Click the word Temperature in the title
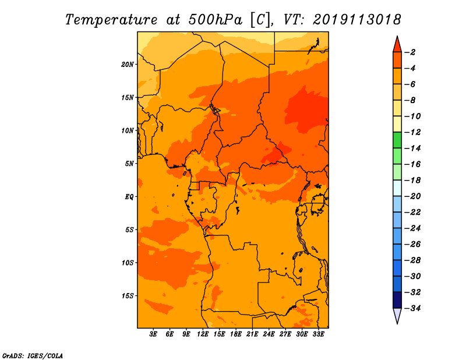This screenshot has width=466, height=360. (111, 20)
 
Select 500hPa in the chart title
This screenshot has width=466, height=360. (215, 20)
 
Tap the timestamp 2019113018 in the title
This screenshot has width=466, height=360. (357, 20)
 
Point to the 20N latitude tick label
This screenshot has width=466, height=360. (128, 65)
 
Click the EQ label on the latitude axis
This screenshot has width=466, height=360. (129, 197)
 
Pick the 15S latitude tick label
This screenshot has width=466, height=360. (128, 296)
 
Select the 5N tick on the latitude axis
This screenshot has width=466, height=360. (129, 164)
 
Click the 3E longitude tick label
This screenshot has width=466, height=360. (153, 334)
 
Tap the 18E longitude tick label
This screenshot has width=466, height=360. (235, 334)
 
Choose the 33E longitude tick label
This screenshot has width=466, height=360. (318, 334)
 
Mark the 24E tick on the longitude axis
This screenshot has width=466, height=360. (269, 334)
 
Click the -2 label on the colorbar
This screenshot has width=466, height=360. (410, 52)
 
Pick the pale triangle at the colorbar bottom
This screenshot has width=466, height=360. (397, 315)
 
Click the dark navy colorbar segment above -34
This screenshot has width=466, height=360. (397, 300)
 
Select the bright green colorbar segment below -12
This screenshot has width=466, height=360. (397, 140)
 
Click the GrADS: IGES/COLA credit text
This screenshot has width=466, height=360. (33, 355)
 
